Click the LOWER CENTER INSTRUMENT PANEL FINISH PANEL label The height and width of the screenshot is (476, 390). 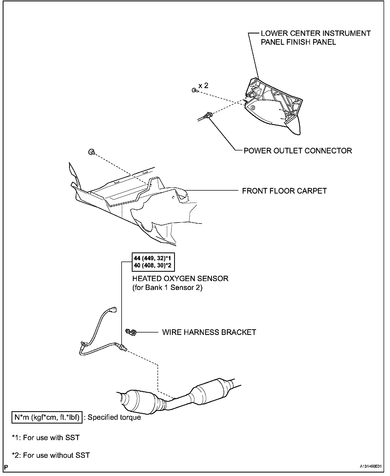coord(315,38)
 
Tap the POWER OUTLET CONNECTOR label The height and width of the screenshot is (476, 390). coord(298,151)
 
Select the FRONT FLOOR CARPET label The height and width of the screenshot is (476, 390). coord(284,191)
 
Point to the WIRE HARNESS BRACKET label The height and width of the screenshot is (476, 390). coord(209,332)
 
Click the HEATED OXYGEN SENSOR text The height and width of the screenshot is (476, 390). coord(180,278)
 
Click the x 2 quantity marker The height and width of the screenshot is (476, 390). coord(203,86)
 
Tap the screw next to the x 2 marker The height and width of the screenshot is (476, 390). coord(194,90)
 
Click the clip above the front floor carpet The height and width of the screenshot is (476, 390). coord(91,152)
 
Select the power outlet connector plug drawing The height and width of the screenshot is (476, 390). coord(208,116)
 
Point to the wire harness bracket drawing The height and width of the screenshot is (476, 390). coord(131,332)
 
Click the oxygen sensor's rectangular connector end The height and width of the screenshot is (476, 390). coord(114,309)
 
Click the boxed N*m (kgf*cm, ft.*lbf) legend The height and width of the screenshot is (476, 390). coord(47,417)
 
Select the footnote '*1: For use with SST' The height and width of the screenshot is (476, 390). coord(46,438)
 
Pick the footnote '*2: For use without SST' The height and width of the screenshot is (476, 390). coord(51,455)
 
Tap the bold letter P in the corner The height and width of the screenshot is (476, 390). coord(6,467)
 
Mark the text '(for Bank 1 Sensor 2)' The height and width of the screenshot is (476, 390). coord(167,288)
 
